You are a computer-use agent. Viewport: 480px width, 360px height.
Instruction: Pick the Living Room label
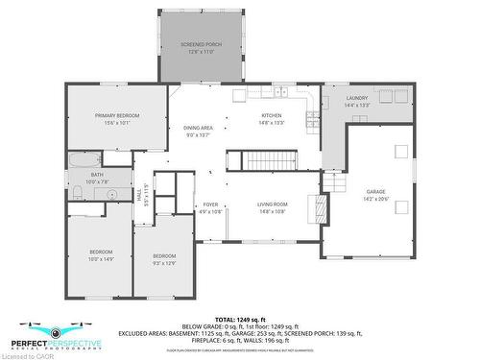pyautogui.click(x=273, y=204)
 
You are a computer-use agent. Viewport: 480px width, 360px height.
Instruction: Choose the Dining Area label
pyautogui.click(x=198, y=129)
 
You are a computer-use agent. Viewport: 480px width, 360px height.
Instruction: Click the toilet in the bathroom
pyautogui.click(x=76, y=194)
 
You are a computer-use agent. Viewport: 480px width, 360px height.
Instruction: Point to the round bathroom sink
pyautogui.click(x=111, y=195)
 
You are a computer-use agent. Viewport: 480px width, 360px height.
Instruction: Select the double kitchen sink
pyautogui.click(x=280, y=92)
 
